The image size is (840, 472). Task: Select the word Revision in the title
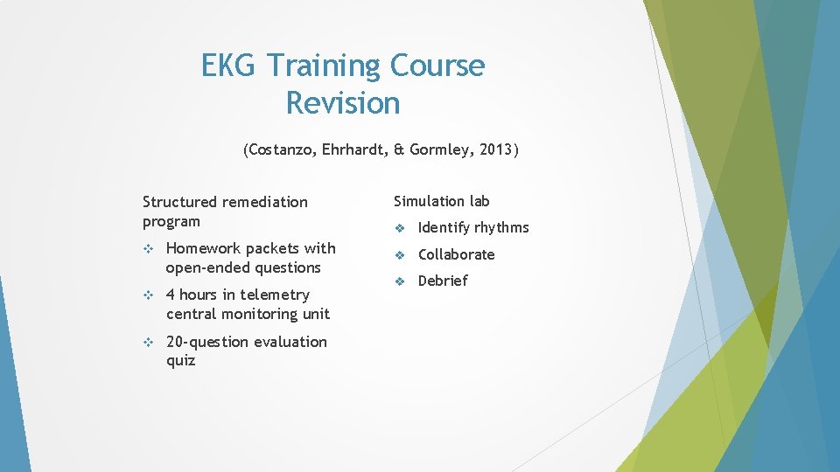point(342,103)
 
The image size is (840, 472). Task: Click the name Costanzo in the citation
point(280,149)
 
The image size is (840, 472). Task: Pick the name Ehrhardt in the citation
point(353,149)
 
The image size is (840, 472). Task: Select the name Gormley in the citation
point(440,149)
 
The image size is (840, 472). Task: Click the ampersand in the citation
point(399,149)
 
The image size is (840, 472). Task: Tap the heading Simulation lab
point(441,201)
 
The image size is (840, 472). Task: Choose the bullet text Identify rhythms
point(473,227)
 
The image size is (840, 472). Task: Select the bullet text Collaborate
point(456,254)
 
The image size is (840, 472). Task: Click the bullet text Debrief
point(443,281)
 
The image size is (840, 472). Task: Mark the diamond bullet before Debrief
point(399,281)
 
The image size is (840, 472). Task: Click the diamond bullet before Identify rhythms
point(399,228)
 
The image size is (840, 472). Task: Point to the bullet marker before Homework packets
point(148,249)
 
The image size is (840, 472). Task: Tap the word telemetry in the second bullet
point(275,295)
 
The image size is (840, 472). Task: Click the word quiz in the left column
point(180,361)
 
